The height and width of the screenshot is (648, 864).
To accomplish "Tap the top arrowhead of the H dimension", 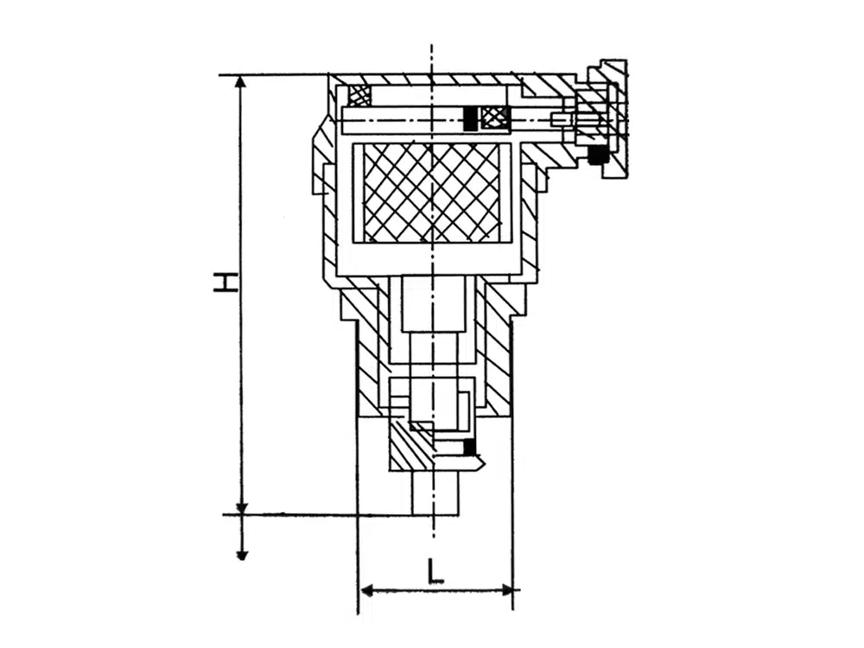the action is pyautogui.click(x=239, y=83).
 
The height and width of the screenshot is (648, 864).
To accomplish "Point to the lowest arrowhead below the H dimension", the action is pyautogui.click(x=240, y=554).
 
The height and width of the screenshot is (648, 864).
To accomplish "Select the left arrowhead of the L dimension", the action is pyautogui.click(x=367, y=591).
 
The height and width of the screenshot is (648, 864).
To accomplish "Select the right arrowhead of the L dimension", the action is pyautogui.click(x=505, y=591).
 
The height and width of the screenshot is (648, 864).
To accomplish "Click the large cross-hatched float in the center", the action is pyautogui.click(x=433, y=193).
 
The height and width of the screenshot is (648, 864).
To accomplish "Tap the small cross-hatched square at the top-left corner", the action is pyautogui.click(x=359, y=96).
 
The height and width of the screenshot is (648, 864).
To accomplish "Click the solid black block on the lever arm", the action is pyautogui.click(x=470, y=118).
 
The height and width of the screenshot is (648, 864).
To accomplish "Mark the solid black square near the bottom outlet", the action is pyautogui.click(x=469, y=448).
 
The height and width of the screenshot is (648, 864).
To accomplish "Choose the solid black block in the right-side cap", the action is pyautogui.click(x=595, y=155).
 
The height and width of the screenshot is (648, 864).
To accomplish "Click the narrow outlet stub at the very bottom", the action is pyautogui.click(x=435, y=493).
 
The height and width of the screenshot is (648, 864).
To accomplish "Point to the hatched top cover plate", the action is pyautogui.click(x=424, y=79).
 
